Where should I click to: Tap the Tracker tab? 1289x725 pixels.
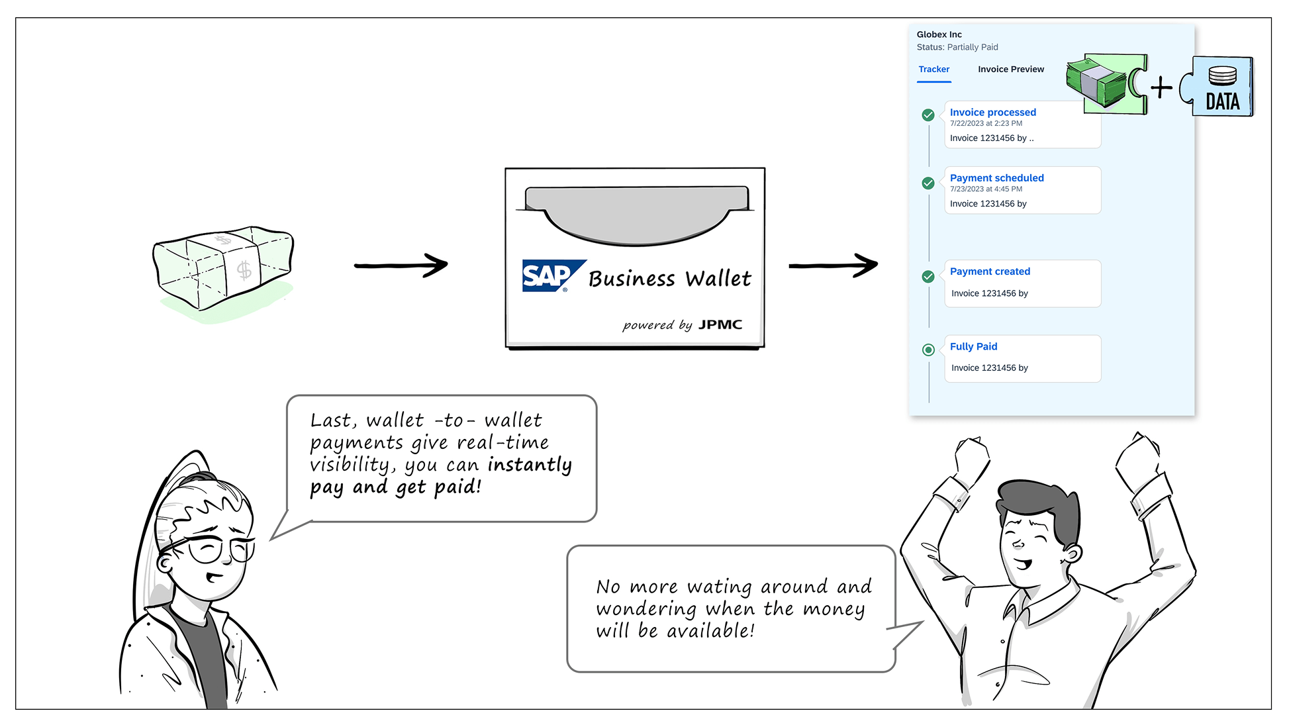pyautogui.click(x=933, y=70)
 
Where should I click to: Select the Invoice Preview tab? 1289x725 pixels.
pyautogui.click(x=1010, y=70)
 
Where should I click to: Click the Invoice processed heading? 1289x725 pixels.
pyautogui.click(x=992, y=113)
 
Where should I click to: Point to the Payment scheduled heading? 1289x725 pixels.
pyautogui.click(x=996, y=178)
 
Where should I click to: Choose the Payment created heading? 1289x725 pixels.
pyautogui.click(x=990, y=271)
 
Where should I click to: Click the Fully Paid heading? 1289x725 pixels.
pyautogui.click(x=973, y=346)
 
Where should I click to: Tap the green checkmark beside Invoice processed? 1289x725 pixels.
pyautogui.click(x=928, y=115)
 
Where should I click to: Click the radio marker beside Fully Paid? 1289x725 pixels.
pyautogui.click(x=928, y=350)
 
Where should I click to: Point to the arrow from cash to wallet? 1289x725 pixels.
pyautogui.click(x=401, y=266)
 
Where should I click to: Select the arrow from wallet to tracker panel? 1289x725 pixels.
pyautogui.click(x=833, y=266)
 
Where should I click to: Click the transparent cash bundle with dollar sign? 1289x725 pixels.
pyautogui.click(x=223, y=267)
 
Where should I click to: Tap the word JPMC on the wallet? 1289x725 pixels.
pyautogui.click(x=720, y=324)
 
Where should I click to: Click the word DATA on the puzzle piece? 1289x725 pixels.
pyautogui.click(x=1222, y=101)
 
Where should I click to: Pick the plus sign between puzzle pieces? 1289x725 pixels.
pyautogui.click(x=1161, y=87)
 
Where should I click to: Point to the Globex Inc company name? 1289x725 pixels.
pyautogui.click(x=939, y=34)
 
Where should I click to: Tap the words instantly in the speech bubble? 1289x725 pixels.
pyautogui.click(x=530, y=465)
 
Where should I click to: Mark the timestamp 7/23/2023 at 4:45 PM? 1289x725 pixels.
pyautogui.click(x=986, y=189)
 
